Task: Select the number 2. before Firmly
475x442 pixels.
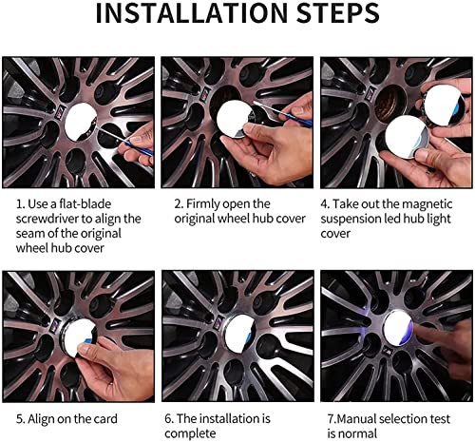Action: [179, 203]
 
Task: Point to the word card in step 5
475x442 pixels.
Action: [104, 419]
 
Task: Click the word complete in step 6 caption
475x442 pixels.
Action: [190, 433]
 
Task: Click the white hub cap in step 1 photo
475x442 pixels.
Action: [81, 122]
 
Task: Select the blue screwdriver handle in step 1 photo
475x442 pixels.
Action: [139, 147]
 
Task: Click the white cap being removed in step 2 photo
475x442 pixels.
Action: [234, 119]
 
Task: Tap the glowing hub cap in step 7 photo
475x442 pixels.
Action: [399, 329]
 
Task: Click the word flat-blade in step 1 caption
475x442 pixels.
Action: [85, 203]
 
